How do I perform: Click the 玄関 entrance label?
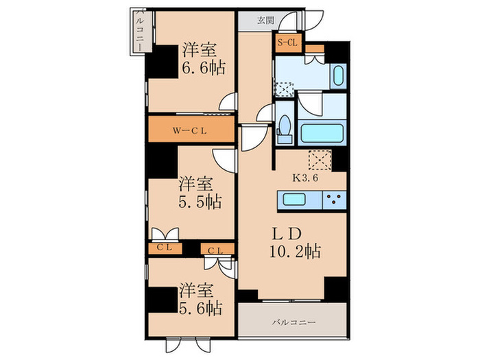[x=265, y=21]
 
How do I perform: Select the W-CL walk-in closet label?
[x=189, y=129]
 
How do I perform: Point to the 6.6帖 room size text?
[x=204, y=69]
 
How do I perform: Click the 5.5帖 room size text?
[x=201, y=202]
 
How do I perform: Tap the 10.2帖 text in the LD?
[x=296, y=250]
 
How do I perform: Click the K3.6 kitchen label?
[x=306, y=177]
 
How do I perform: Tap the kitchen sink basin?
[x=292, y=200]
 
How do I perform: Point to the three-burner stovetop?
[x=333, y=200]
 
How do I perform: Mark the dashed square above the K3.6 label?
[x=320, y=160]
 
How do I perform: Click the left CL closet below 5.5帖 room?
[x=164, y=247]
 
